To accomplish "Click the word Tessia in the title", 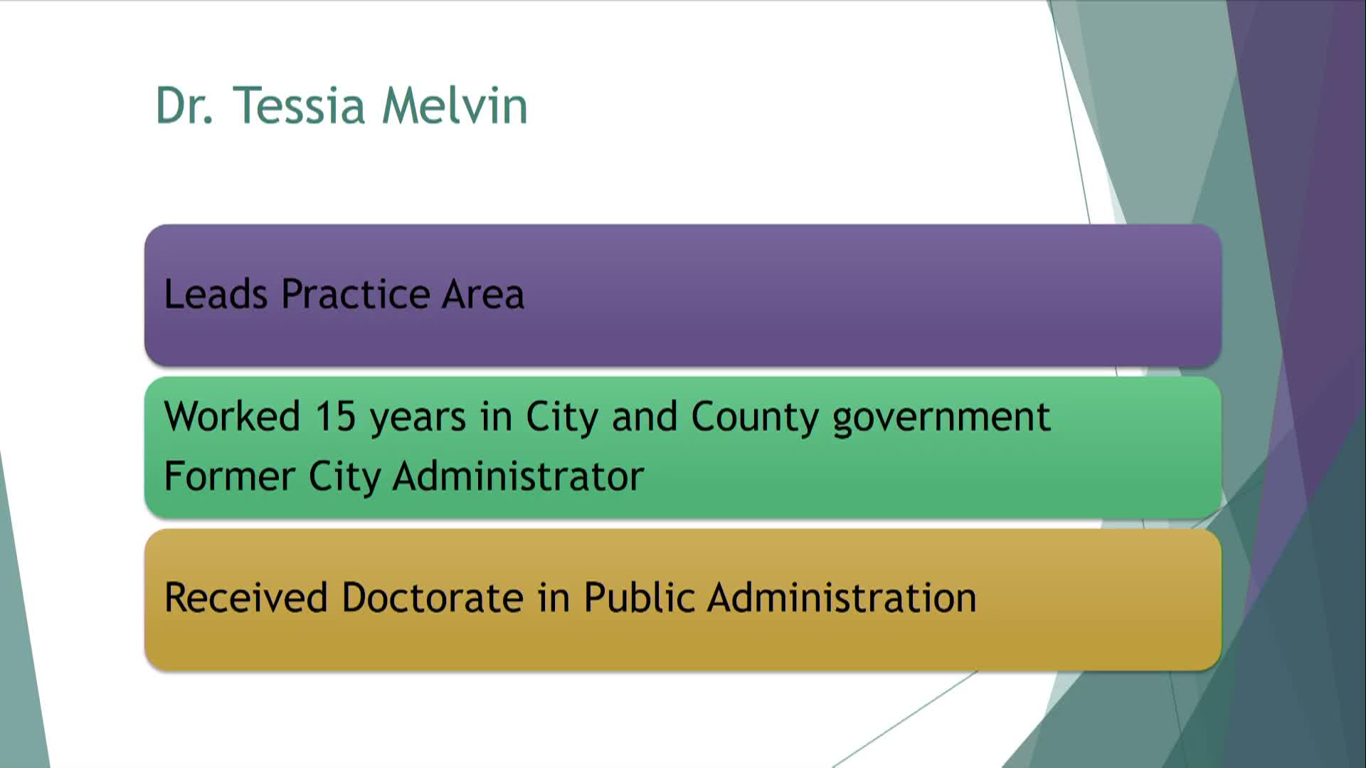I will click(299, 106).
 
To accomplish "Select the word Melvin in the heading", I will click(455, 106).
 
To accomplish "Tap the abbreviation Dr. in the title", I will click(184, 106).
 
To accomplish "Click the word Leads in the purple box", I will click(216, 294).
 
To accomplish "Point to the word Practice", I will click(356, 294).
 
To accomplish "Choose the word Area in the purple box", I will click(483, 294).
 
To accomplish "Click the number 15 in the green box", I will click(335, 416).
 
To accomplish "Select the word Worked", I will click(232, 416).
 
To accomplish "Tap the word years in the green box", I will click(418, 417).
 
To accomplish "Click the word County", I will click(755, 417).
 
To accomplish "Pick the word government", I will click(941, 417).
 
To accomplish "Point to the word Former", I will click(228, 476).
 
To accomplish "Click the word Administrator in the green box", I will click(518, 476).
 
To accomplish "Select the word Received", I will click(245, 597).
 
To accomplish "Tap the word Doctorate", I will click(433, 597).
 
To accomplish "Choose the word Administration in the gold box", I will click(842, 597).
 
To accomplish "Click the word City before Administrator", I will click(344, 477).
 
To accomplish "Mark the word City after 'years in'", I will click(562, 417).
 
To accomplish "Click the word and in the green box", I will click(644, 416).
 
